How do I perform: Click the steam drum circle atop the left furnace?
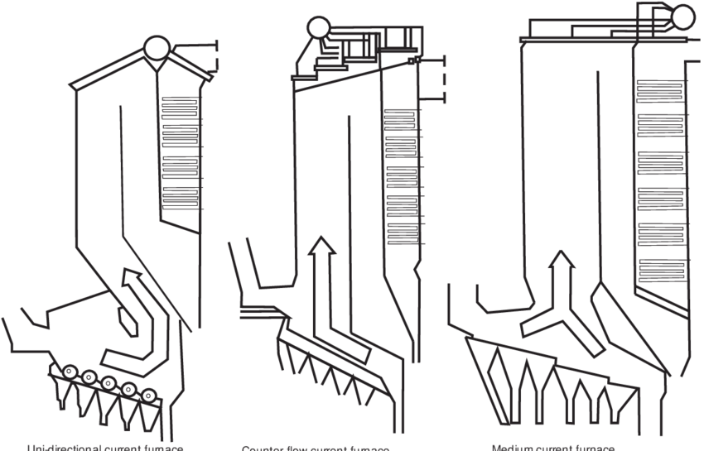point(154,47)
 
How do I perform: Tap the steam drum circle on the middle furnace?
point(318,30)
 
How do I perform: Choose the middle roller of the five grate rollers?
point(108,381)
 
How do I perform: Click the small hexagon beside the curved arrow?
point(126,319)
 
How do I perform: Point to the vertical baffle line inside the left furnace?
point(122,166)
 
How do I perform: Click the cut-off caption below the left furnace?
point(104,448)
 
